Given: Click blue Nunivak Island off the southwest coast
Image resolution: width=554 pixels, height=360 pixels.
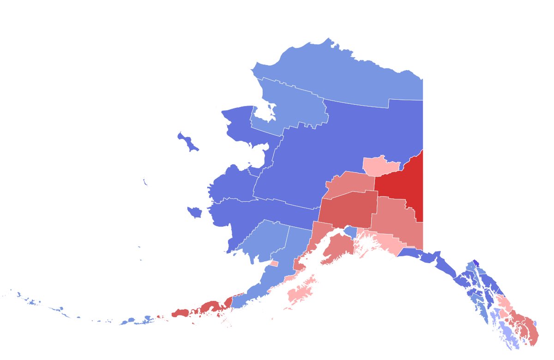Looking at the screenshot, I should coord(195,212).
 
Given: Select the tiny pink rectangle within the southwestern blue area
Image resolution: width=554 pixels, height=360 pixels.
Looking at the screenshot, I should coord(274,264).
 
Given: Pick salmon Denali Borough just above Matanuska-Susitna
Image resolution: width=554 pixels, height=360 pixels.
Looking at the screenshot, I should coord(349,185).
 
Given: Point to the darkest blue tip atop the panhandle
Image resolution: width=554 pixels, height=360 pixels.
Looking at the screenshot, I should coord(475,263).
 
